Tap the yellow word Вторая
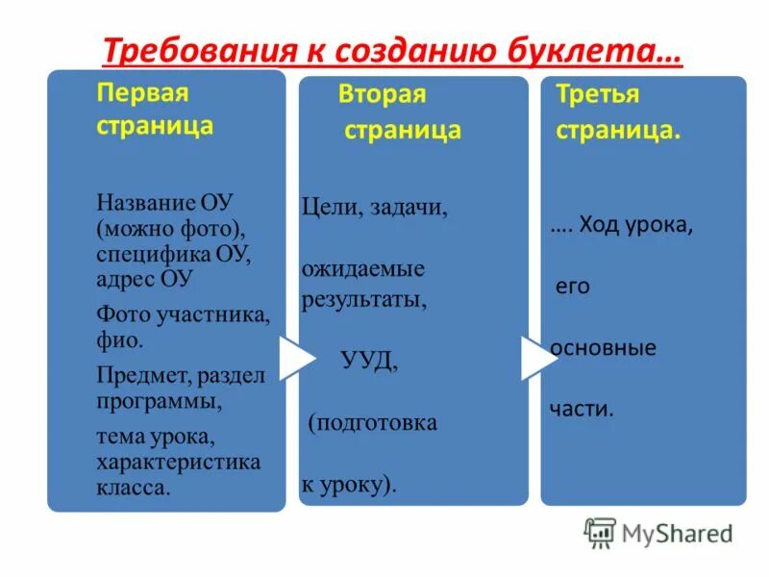point(382,95)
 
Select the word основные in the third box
point(604,348)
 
